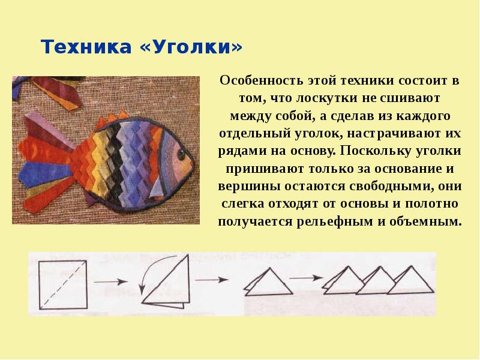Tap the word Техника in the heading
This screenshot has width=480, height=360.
click(86, 47)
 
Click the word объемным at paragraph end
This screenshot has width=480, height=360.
click(426, 221)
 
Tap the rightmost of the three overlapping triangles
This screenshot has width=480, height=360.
click(410, 280)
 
